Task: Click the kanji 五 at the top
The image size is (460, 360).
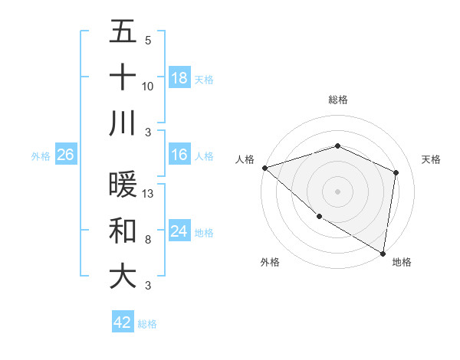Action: [x=123, y=32]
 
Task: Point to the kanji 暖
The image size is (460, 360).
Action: [x=123, y=186]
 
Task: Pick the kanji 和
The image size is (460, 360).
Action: [x=123, y=231]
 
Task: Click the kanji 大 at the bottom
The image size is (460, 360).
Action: [x=123, y=277]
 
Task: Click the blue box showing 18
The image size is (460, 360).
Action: [x=179, y=77]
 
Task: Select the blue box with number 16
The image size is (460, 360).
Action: [x=179, y=155]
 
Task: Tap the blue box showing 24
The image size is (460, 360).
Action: [x=179, y=231]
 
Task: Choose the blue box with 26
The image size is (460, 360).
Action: [x=65, y=155]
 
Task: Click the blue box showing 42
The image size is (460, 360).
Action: [x=122, y=322]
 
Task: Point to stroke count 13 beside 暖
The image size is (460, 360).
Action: [x=149, y=195]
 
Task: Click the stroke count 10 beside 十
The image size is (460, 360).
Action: [x=148, y=87]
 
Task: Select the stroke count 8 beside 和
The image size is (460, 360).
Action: [x=148, y=240]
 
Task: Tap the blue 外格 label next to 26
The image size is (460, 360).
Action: [x=41, y=156]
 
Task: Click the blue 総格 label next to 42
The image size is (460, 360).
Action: [x=147, y=323]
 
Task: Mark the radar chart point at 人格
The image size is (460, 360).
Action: [x=264, y=168]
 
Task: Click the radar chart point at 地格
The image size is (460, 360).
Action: [x=383, y=252]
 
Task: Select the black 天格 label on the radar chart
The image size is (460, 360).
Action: [x=431, y=159]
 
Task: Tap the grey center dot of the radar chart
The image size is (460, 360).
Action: [x=337, y=191]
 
